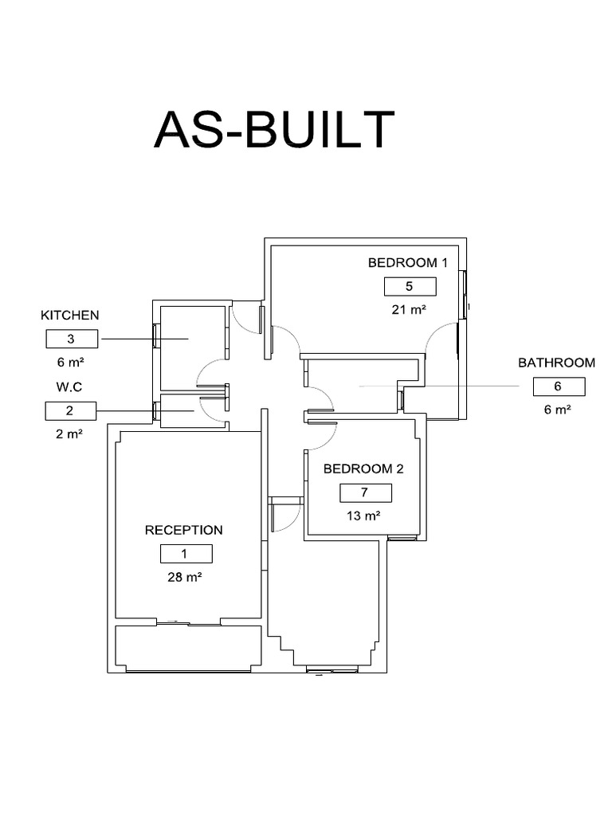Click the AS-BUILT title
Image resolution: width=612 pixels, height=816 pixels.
click(274, 130)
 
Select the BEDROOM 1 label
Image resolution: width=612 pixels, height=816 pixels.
click(409, 262)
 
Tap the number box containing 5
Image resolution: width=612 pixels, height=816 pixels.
click(410, 287)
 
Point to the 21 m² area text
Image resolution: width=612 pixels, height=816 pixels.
click(409, 310)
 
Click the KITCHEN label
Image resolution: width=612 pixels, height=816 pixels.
click(70, 316)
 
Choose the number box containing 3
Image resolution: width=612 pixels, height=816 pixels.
click(71, 339)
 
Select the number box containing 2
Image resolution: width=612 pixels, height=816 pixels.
click(70, 411)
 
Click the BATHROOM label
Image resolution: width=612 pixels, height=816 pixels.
click(556, 363)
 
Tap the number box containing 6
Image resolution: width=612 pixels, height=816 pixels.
click(558, 386)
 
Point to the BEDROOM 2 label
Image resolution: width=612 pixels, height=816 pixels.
click(363, 469)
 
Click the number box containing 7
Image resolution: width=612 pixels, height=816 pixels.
click(364, 492)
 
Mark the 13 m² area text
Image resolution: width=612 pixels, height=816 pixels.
click(363, 516)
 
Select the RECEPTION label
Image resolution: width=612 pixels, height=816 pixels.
click(183, 530)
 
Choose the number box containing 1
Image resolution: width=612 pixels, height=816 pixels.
click(186, 554)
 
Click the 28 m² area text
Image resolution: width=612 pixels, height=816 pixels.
click(185, 578)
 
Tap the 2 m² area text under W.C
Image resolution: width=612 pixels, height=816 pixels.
click(70, 433)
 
